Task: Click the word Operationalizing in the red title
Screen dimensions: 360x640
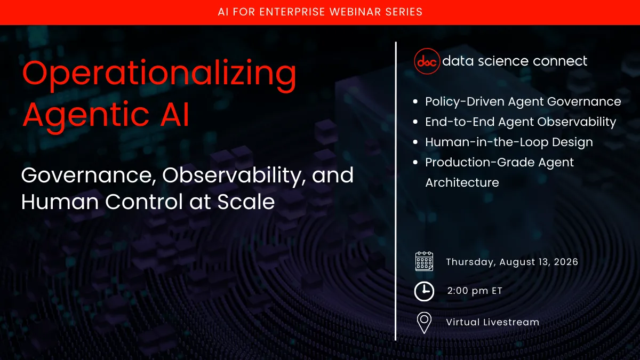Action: pos(159,75)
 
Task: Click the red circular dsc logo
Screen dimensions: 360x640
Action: pos(427,61)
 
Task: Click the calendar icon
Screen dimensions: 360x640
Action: pos(424,262)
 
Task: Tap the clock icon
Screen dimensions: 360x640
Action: pos(424,291)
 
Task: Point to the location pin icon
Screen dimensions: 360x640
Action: pos(424,323)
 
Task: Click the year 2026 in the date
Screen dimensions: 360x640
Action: pos(564,262)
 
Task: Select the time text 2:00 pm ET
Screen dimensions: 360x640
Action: pos(475,291)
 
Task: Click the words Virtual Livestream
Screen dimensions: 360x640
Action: pos(492,322)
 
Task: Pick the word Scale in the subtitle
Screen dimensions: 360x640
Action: pos(250,202)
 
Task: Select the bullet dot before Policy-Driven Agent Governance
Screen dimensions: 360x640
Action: pos(416,102)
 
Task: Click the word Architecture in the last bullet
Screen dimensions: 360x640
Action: pos(462,182)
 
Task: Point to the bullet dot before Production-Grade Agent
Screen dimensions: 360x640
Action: pos(416,163)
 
